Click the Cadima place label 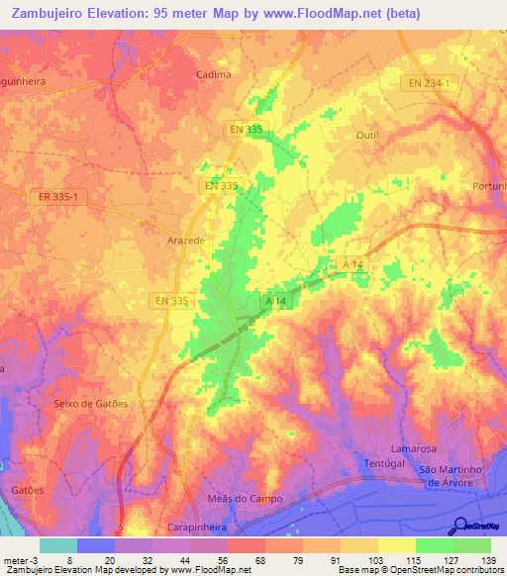tap(214, 74)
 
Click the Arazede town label tap(185, 240)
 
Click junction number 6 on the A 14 tap(245, 327)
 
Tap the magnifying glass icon tap(460, 528)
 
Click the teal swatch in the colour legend tap(57, 545)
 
